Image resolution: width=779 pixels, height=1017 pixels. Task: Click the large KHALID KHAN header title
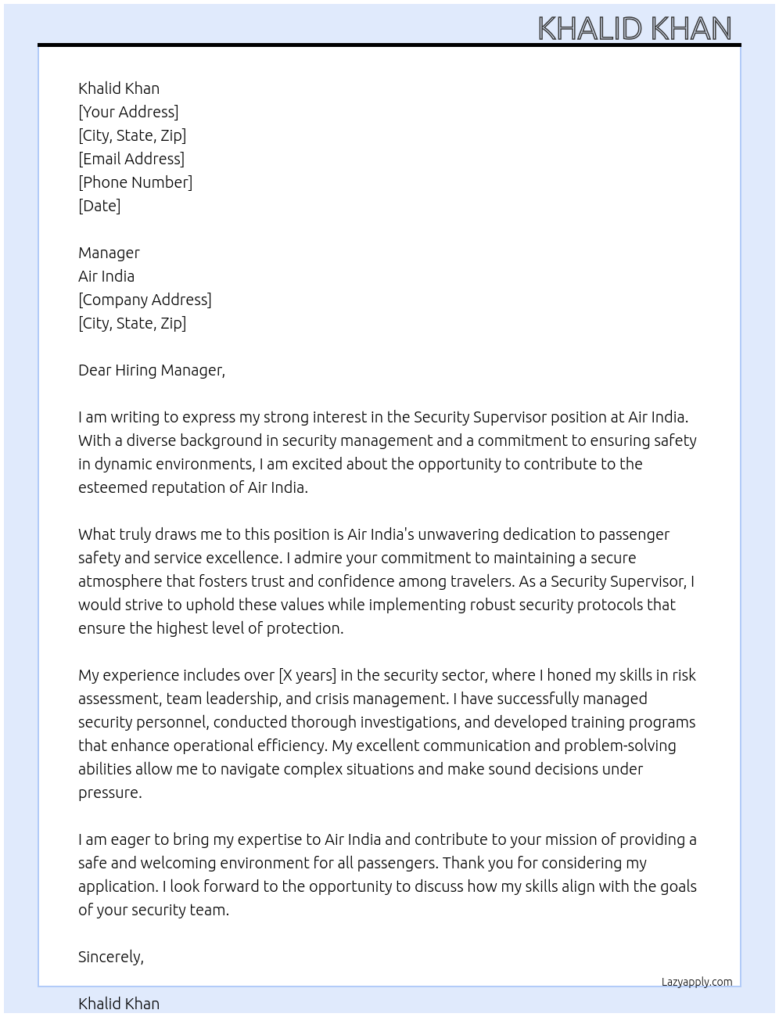[x=634, y=29]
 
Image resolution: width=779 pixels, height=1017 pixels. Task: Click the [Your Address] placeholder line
[x=128, y=112]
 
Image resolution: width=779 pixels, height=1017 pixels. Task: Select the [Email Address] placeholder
[x=131, y=159]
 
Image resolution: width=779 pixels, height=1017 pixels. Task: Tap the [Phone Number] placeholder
[x=135, y=182]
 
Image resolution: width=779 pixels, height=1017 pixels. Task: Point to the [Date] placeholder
[x=99, y=206]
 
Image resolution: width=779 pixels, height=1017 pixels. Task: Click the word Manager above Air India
[x=109, y=253]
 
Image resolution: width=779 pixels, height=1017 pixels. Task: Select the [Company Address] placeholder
[x=145, y=300]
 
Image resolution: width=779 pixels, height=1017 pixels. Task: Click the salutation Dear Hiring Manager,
[x=152, y=370]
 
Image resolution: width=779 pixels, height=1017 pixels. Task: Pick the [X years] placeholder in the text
[x=307, y=675]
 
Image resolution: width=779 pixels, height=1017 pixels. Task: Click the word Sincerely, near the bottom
[x=111, y=957]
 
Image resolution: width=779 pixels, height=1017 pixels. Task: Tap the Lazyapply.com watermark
[x=697, y=982]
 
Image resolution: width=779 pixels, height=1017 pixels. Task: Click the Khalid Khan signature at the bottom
[x=119, y=1004]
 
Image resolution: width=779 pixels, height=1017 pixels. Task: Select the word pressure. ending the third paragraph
[x=110, y=792]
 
